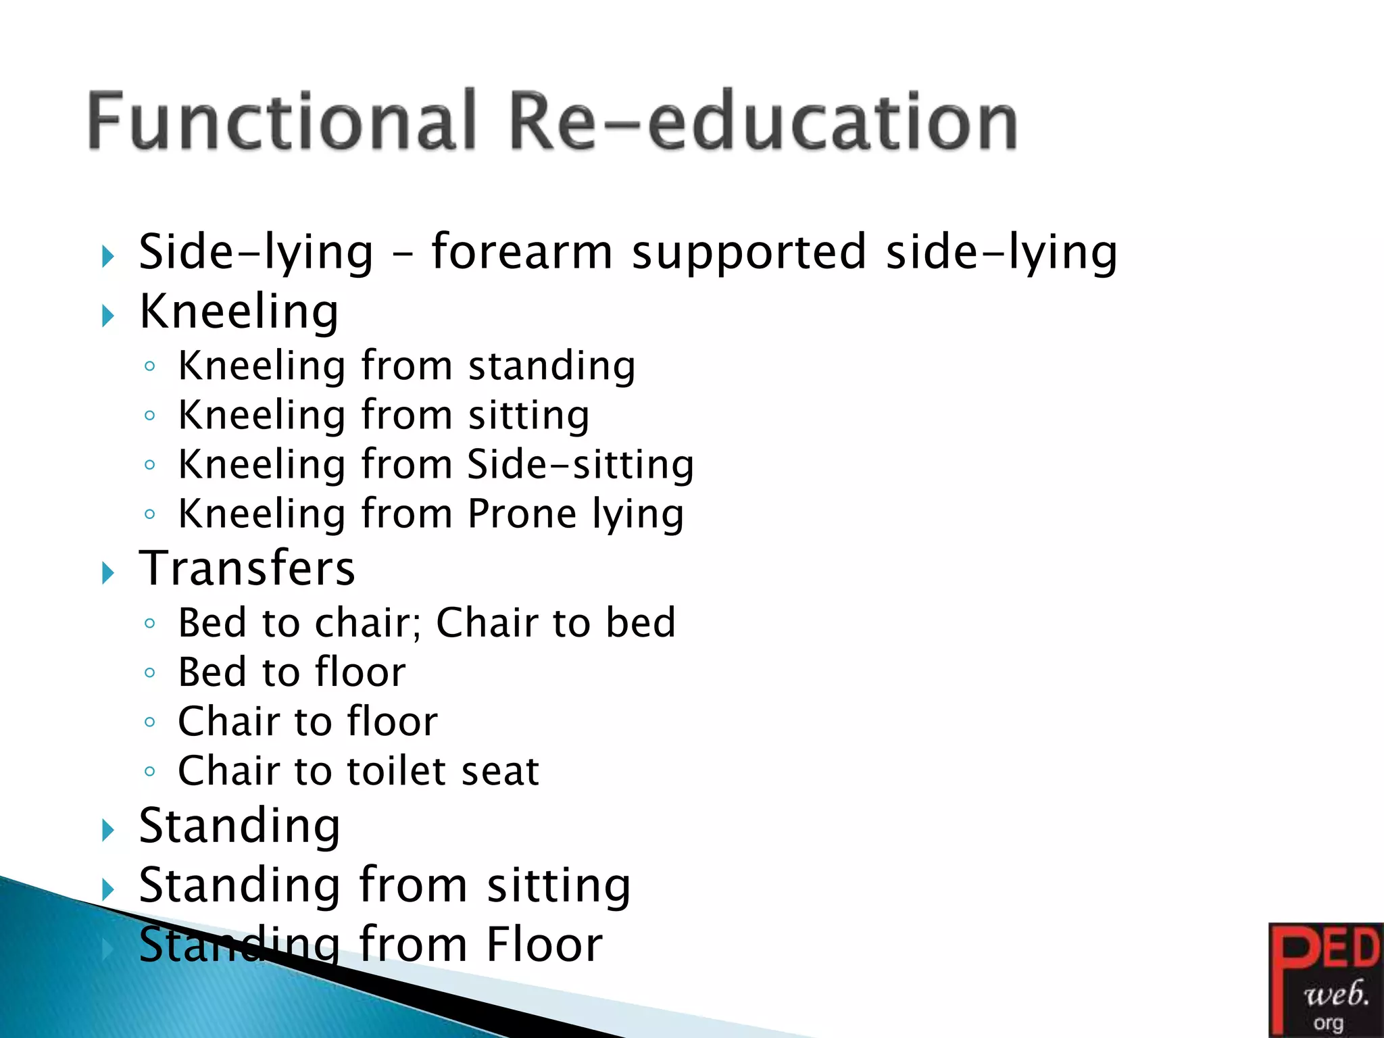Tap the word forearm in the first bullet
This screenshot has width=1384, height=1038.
point(522,251)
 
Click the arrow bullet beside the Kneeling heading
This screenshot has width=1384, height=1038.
point(108,316)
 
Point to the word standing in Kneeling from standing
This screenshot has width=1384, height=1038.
point(551,367)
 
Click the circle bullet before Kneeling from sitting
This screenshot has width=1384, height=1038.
point(150,416)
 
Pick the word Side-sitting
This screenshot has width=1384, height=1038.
point(580,465)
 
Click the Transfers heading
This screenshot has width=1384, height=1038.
point(247,568)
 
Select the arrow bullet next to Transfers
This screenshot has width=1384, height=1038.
point(108,574)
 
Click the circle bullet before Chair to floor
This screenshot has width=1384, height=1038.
point(150,722)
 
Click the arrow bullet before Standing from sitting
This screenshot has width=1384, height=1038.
point(108,890)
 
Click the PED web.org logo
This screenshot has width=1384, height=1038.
point(1325,979)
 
